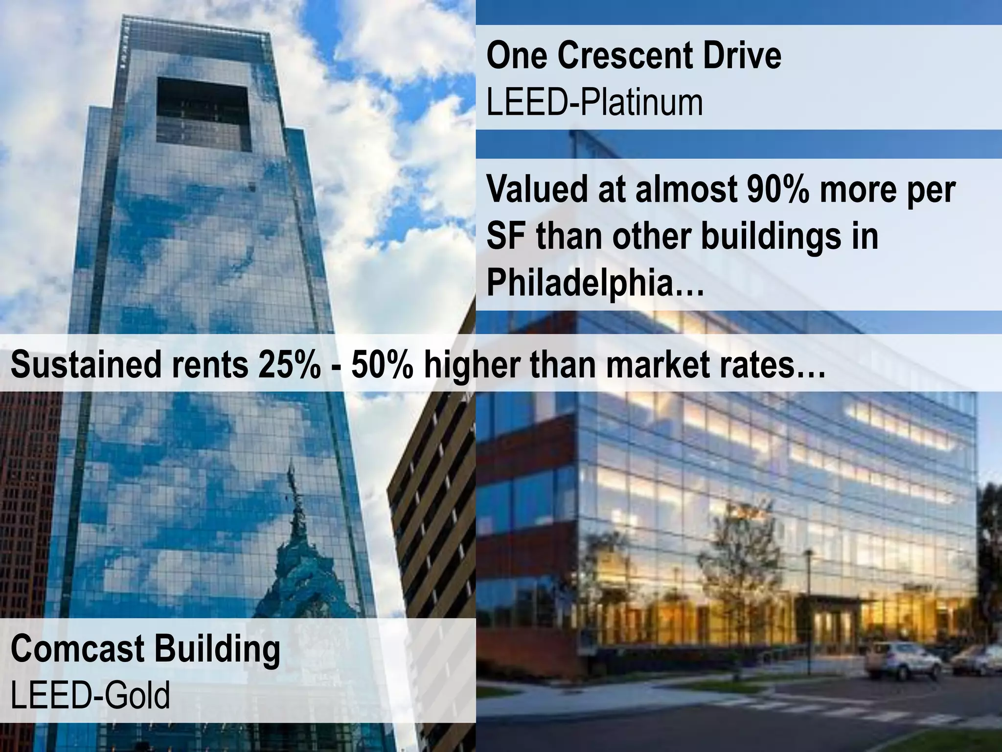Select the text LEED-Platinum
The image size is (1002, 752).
click(x=594, y=102)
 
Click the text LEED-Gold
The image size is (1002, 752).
click(x=91, y=695)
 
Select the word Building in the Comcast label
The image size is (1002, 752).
click(x=218, y=649)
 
